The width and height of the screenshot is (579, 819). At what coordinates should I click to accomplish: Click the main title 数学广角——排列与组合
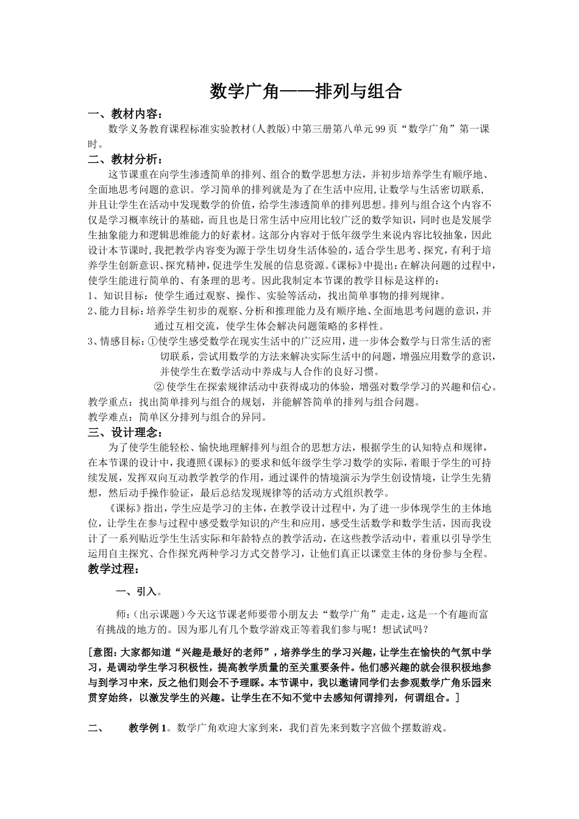306,91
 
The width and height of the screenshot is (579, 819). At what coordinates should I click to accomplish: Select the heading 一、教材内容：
125,115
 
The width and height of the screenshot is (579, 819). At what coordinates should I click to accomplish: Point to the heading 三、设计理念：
125,433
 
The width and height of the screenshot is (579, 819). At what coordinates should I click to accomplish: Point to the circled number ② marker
159,387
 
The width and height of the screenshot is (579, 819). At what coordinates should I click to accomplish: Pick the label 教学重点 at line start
108,402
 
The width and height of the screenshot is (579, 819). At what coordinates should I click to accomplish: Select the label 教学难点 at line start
108,417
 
